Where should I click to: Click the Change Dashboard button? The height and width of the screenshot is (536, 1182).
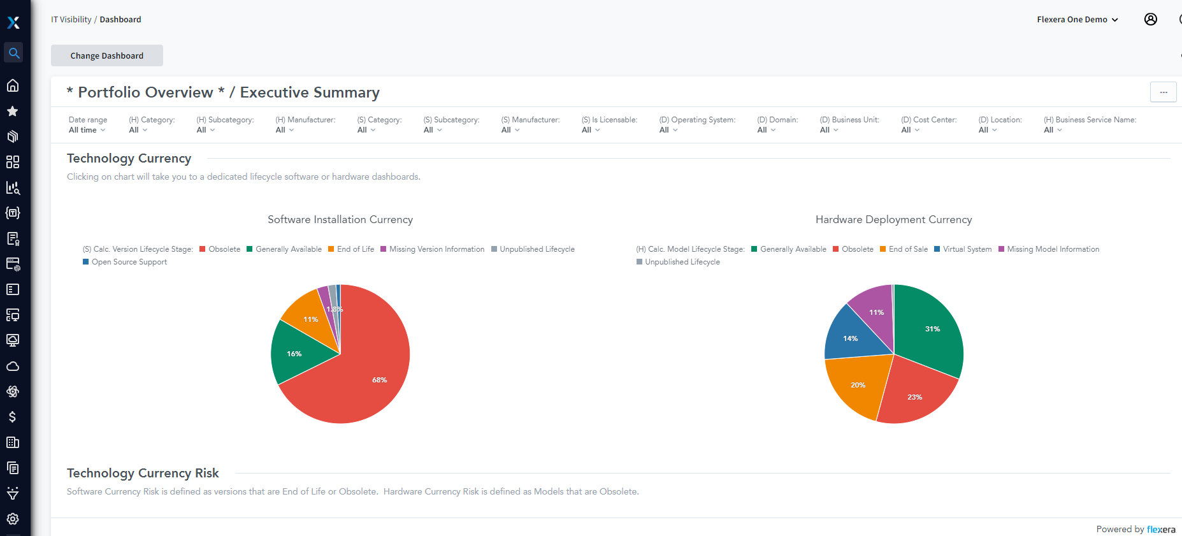[x=107, y=55]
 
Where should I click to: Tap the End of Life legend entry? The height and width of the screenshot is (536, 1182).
[x=355, y=249]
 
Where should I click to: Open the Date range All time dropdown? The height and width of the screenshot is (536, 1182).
[x=87, y=130]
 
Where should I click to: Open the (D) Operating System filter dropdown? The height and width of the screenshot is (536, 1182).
[x=668, y=130]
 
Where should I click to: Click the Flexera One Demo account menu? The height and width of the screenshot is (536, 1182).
[x=1077, y=20]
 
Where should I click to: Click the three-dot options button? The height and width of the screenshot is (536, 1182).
[x=1163, y=92]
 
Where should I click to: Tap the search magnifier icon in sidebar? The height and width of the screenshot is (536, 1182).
[x=13, y=53]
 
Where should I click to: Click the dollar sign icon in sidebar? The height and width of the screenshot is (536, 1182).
[x=13, y=417]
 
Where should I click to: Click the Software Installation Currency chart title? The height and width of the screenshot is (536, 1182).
[x=340, y=219]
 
